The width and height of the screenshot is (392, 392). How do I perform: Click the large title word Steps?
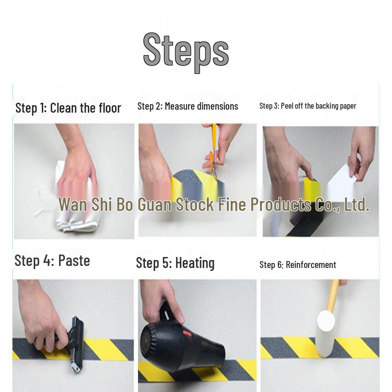[x=186, y=53]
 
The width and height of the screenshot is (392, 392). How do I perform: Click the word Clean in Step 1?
[x=64, y=108]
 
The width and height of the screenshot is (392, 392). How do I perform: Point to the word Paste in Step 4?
[x=74, y=261]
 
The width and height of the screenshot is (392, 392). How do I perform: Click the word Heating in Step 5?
[x=195, y=263]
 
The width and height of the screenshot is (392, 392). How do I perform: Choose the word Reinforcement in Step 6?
[x=311, y=264]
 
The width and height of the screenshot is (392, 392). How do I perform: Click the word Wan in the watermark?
[x=73, y=204]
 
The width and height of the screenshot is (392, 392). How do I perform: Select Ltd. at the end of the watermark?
[x=357, y=204]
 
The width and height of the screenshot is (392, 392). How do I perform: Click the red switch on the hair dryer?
[x=187, y=334]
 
